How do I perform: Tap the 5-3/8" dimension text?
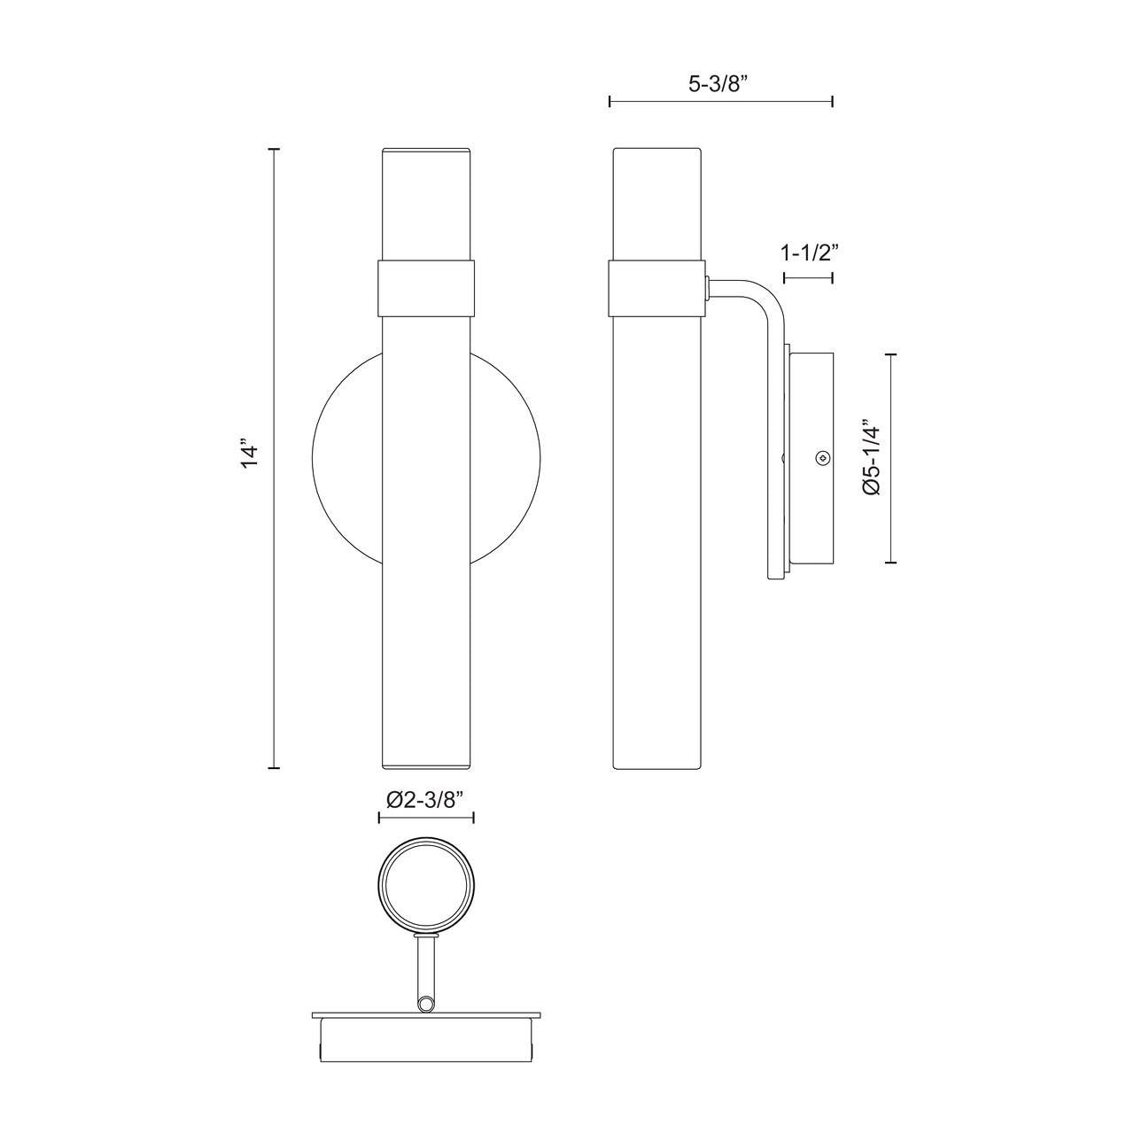click(718, 84)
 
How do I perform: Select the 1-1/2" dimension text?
click(810, 252)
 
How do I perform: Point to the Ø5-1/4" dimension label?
click(872, 457)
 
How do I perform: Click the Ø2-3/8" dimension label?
click(426, 799)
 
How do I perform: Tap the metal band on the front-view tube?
click(426, 286)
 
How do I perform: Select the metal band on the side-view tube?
click(657, 286)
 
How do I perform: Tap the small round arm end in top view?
click(427, 1004)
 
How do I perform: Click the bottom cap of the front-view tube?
click(426, 765)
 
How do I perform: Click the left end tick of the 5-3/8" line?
click(610, 102)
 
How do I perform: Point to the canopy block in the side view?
click(811, 457)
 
